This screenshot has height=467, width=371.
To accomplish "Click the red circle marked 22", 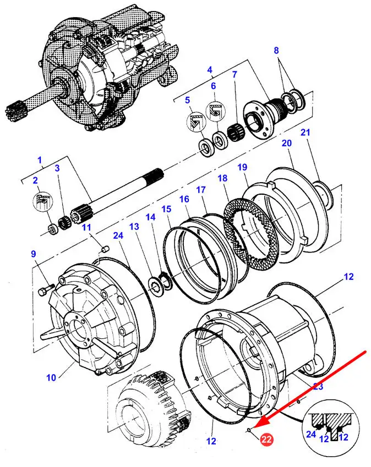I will click(x=267, y=439).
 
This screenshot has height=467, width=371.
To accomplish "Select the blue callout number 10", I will click(x=51, y=377).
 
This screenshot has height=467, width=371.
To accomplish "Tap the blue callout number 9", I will click(x=33, y=254).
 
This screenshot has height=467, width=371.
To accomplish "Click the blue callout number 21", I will click(x=305, y=133).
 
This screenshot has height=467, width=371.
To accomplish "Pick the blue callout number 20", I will click(x=286, y=143).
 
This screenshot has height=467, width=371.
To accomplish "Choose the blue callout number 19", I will click(x=242, y=167).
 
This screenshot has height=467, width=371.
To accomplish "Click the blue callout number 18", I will click(x=222, y=178).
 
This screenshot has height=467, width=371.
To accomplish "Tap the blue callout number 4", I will click(x=210, y=70).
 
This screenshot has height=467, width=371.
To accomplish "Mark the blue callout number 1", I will click(x=39, y=160).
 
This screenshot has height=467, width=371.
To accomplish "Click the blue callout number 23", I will click(x=318, y=387).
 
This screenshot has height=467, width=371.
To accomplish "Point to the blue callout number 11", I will click(x=86, y=228).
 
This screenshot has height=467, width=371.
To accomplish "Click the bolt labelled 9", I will click(x=46, y=287).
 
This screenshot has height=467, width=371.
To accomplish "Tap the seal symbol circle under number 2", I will click(x=41, y=201).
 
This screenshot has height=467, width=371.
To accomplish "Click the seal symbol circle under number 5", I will click(x=195, y=122).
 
